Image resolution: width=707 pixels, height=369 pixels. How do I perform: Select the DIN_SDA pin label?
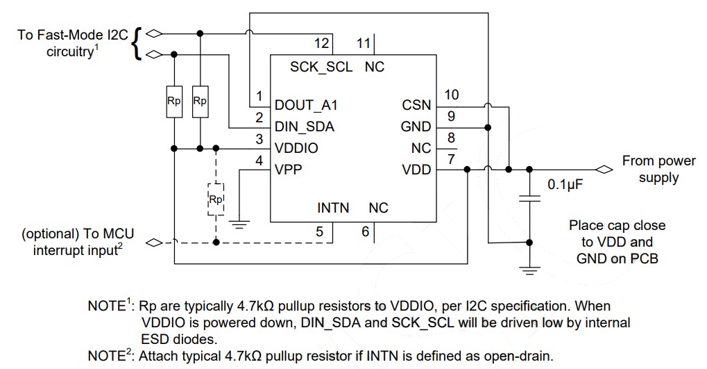click(304, 126)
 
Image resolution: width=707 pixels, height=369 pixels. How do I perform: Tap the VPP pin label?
click(289, 170)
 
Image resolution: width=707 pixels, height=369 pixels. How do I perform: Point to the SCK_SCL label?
click(321, 67)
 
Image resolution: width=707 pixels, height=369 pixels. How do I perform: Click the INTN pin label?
click(333, 208)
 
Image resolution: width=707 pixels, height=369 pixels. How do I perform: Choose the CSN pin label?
click(416, 106)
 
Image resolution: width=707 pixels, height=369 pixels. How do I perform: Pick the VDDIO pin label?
click(296, 148)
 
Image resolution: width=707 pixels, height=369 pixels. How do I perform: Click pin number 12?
click(321, 44)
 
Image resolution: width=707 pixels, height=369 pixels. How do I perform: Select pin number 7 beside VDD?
click(451, 160)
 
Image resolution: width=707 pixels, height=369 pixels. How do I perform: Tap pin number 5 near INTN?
click(320, 231)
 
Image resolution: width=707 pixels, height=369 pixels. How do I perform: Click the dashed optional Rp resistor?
click(216, 199)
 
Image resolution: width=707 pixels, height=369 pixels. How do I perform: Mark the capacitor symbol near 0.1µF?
click(530, 199)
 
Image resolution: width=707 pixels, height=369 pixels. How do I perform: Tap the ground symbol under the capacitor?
click(530, 269)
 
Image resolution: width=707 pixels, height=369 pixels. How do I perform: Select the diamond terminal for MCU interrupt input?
click(154, 243)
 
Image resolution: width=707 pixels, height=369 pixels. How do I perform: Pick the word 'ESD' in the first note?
click(156, 338)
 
